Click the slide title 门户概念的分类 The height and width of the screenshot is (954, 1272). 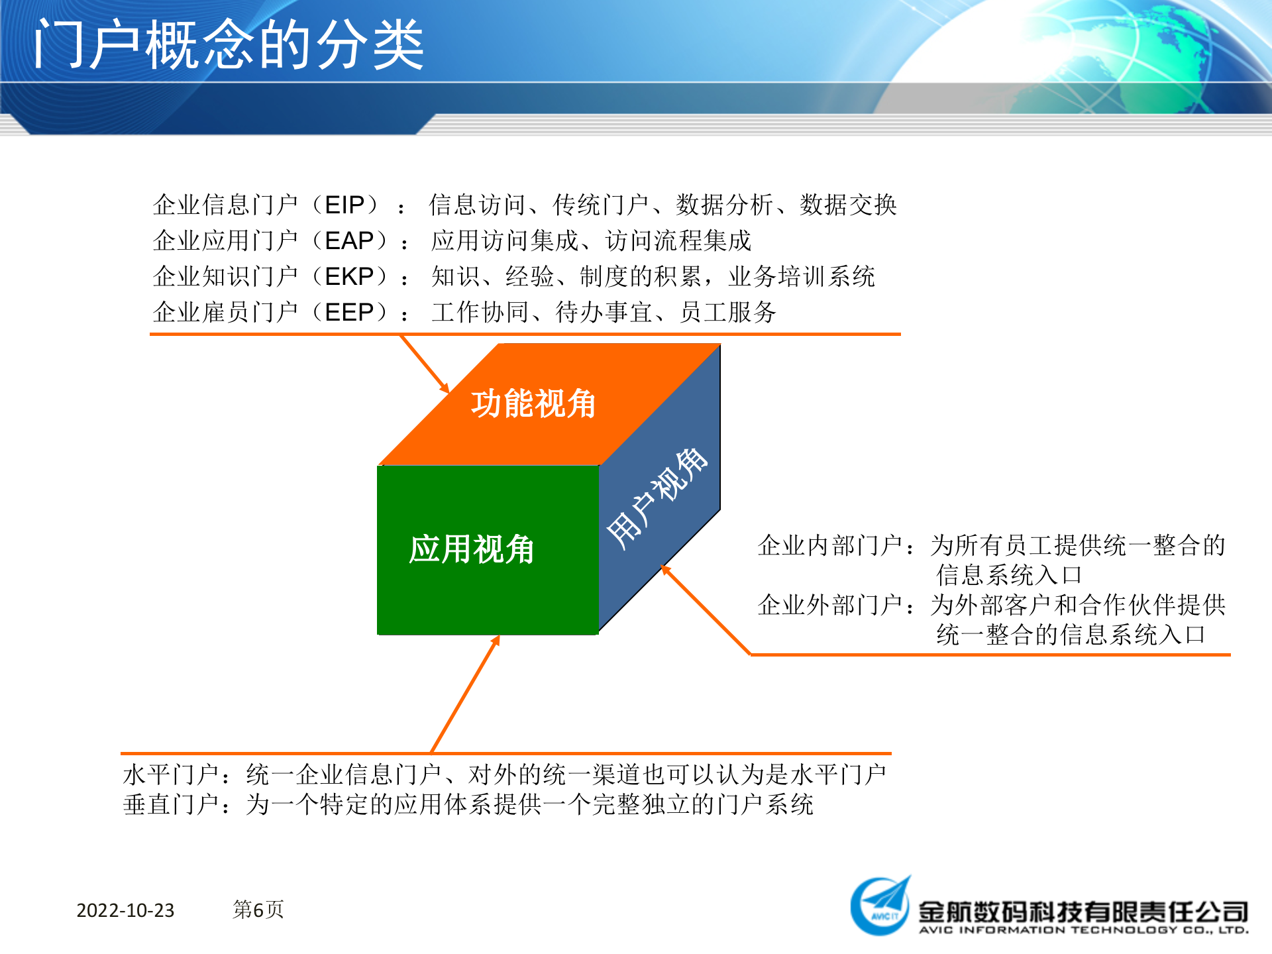[x=229, y=45]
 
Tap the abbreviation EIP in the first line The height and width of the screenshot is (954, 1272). [x=344, y=205]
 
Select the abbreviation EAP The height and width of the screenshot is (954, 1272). [x=349, y=240]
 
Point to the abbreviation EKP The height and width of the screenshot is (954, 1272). [x=349, y=276]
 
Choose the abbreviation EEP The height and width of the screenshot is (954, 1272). [x=349, y=312]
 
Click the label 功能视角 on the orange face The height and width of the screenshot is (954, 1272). [x=533, y=403]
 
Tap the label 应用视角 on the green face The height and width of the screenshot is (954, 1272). [x=471, y=549]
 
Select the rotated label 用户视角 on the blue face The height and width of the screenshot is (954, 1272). [x=657, y=498]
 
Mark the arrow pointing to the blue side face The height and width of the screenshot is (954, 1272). [x=705, y=609]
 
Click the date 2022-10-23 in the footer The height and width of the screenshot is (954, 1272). [x=125, y=910]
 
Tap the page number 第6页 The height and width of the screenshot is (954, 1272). [x=258, y=910]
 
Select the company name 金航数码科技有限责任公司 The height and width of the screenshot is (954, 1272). [x=1083, y=912]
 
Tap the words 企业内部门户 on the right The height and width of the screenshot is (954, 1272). [x=829, y=545]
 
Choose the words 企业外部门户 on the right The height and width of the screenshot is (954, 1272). [x=829, y=605]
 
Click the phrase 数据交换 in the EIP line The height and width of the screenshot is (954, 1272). [x=848, y=205]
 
